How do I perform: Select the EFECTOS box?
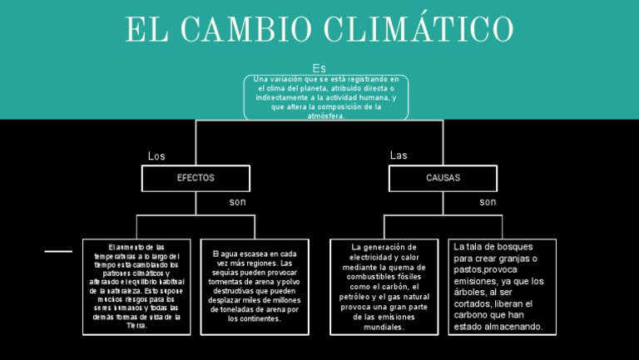click(196, 178)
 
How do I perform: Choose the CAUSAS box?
click(443, 178)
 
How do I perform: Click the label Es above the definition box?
click(319, 67)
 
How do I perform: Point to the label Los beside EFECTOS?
click(156, 156)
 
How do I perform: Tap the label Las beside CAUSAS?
click(399, 155)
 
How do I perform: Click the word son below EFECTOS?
click(237, 202)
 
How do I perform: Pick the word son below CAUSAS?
click(488, 202)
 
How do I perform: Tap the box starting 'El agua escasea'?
click(254, 286)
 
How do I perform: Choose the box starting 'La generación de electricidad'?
click(384, 287)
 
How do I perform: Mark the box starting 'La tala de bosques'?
click(502, 287)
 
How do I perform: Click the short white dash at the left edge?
click(58, 250)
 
